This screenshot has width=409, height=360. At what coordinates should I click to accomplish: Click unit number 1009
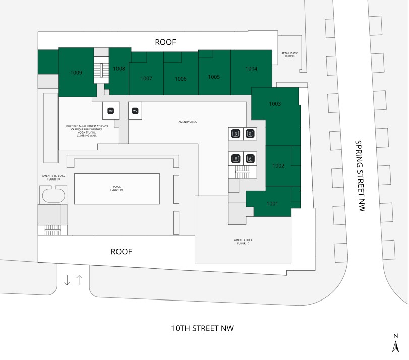76,73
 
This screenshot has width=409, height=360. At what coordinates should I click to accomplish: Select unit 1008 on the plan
119,69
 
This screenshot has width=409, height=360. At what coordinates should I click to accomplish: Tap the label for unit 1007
146,78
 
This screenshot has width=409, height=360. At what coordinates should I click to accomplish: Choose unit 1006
181,79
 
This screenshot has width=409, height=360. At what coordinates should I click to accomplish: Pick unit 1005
214,77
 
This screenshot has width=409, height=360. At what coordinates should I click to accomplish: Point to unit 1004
251,68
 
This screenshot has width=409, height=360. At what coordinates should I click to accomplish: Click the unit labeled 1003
275,104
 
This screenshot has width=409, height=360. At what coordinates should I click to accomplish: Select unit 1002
278,165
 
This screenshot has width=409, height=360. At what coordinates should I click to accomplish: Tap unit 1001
272,203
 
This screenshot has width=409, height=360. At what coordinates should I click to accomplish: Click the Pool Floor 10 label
117,188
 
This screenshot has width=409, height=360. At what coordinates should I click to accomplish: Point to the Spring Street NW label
359,176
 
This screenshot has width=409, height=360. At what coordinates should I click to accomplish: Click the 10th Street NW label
203,328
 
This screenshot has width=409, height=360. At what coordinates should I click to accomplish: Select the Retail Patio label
289,54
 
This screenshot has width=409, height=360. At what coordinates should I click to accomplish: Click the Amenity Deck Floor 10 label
242,242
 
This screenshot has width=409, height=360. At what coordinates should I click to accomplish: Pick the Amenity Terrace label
53,177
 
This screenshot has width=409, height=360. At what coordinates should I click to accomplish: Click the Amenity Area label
187,122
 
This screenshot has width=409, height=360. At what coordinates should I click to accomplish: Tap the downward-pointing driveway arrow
67,281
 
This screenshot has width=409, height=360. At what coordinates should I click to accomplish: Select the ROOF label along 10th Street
121,251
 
